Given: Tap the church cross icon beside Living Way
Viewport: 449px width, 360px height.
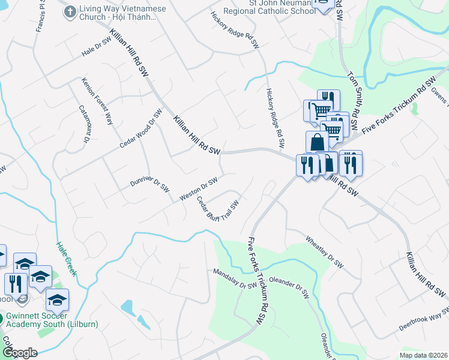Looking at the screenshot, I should [70, 10].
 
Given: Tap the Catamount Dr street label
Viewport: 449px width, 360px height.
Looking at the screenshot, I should [84, 124].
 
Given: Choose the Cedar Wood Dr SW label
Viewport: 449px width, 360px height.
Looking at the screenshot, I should [141, 128].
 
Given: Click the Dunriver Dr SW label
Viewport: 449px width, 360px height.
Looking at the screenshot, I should [150, 185].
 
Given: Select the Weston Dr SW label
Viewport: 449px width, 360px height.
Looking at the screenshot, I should [198, 189].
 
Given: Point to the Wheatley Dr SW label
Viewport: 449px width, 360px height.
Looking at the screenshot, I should [325, 251].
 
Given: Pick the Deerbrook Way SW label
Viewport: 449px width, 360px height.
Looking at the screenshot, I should [424, 319].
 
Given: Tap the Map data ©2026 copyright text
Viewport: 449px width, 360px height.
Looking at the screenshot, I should [423, 355].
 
